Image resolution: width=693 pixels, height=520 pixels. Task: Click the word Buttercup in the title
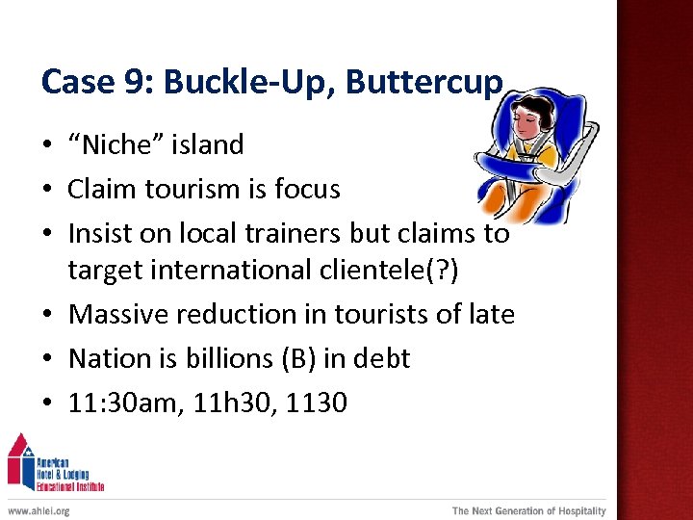click(x=423, y=83)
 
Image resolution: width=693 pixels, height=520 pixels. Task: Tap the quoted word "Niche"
click(x=111, y=144)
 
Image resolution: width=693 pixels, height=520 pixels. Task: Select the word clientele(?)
click(x=392, y=270)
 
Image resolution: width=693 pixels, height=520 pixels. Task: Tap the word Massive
click(x=122, y=314)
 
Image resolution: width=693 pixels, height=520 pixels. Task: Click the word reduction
click(x=244, y=314)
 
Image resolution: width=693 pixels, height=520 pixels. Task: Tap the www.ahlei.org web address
click(x=38, y=510)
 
